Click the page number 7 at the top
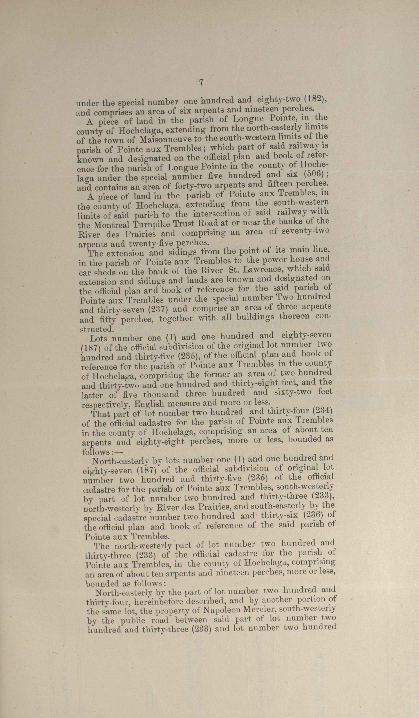click(201, 82)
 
